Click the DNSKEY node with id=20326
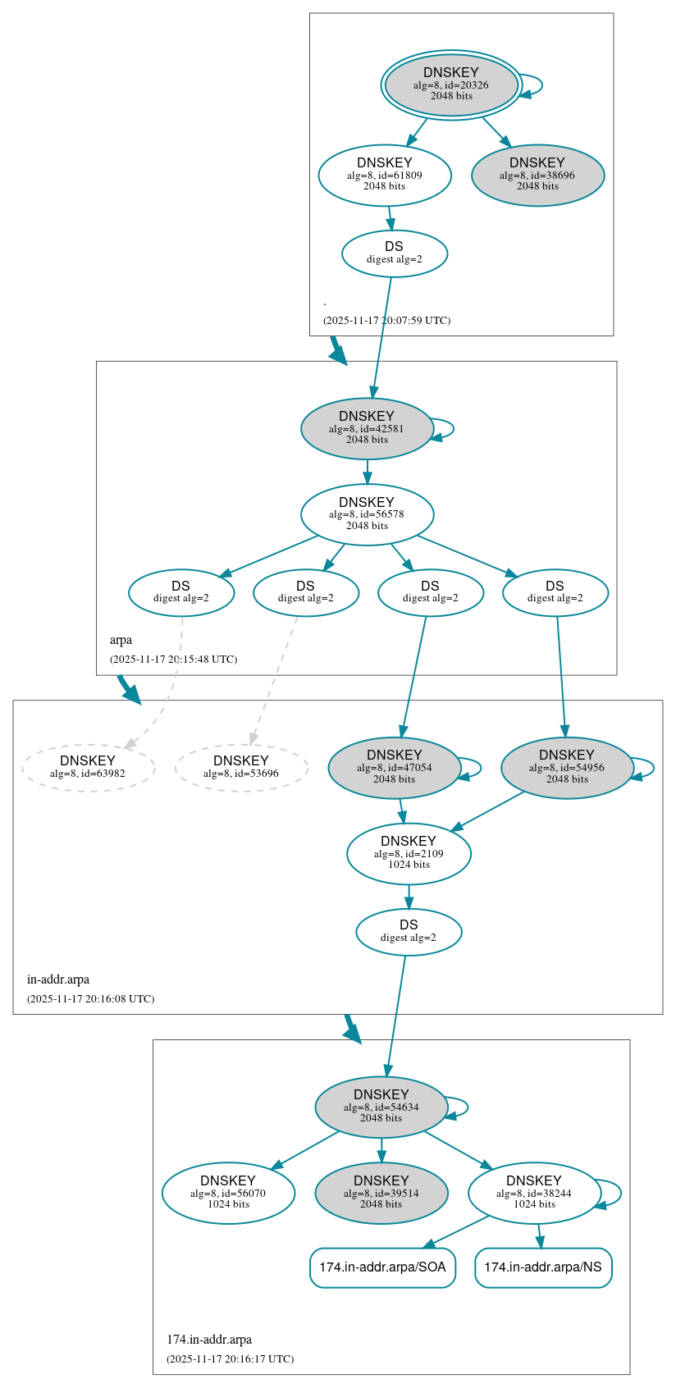451,84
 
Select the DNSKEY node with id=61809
385,175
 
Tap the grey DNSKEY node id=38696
538,175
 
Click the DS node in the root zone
395,253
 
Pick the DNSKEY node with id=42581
367,428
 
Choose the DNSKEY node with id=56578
367,514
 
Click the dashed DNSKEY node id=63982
88,767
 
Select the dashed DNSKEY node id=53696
241,767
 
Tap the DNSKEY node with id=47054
395,767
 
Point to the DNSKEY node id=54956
567,767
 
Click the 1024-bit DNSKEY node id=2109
409,853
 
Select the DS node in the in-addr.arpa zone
409,931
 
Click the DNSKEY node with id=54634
381,1107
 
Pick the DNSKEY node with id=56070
228,1193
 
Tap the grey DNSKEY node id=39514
381,1193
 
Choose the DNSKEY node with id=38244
534,1193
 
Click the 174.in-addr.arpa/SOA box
382,1267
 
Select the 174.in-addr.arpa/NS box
543,1267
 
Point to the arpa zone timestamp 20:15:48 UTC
173,660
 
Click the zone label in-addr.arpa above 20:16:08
58,979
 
